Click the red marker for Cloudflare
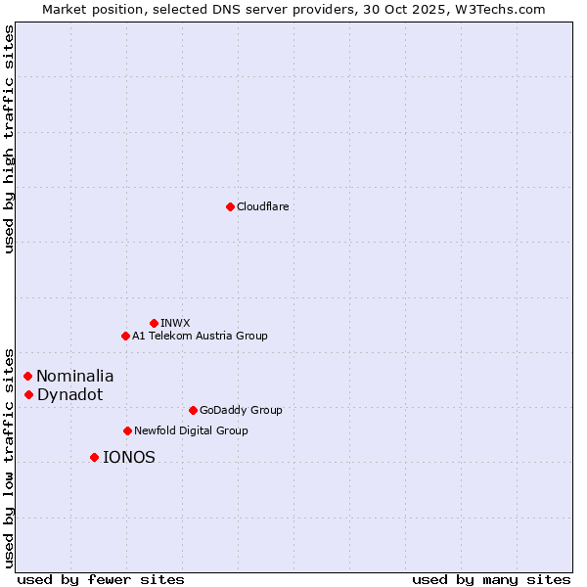[230, 206]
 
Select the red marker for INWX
[154, 323]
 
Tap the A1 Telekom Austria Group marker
[125, 336]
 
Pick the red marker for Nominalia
[28, 376]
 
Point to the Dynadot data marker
[29, 394]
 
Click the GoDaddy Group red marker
[193, 410]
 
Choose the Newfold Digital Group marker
[127, 430]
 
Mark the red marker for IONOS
[94, 457]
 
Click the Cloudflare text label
[263, 206]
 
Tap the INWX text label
[175, 323]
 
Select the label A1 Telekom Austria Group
[200, 336]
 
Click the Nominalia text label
[75, 376]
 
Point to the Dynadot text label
[69, 394]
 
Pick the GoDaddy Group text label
[241, 410]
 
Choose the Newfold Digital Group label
[191, 430]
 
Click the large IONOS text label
[129, 457]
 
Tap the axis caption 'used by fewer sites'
[101, 579]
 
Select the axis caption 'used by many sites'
[491, 579]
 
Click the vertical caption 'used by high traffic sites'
[9, 139]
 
